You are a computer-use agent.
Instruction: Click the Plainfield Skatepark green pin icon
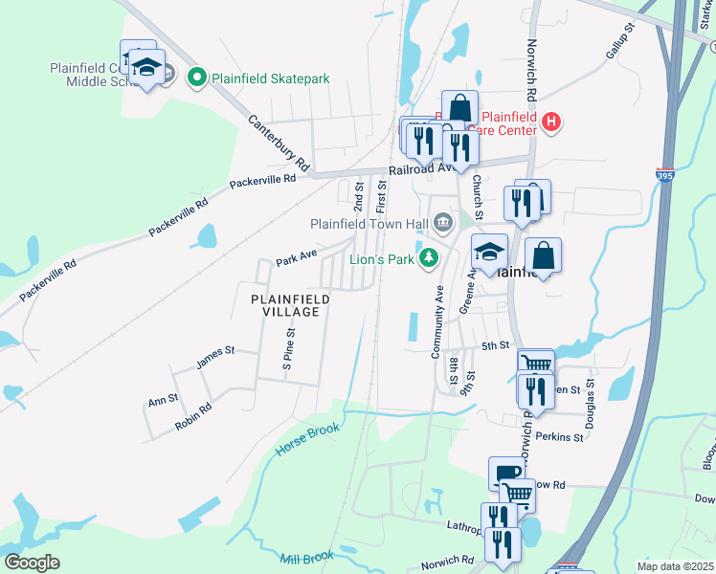[198, 77]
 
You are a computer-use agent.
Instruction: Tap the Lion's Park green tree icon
[430, 256]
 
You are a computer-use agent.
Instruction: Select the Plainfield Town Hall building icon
[443, 224]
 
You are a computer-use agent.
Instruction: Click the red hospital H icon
[550, 121]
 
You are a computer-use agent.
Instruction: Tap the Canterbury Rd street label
[280, 143]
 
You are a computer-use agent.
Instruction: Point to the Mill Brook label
[306, 557]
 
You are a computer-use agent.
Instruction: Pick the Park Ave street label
[296, 259]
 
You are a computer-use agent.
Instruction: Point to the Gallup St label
[619, 45]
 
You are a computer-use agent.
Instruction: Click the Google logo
[33, 563]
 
